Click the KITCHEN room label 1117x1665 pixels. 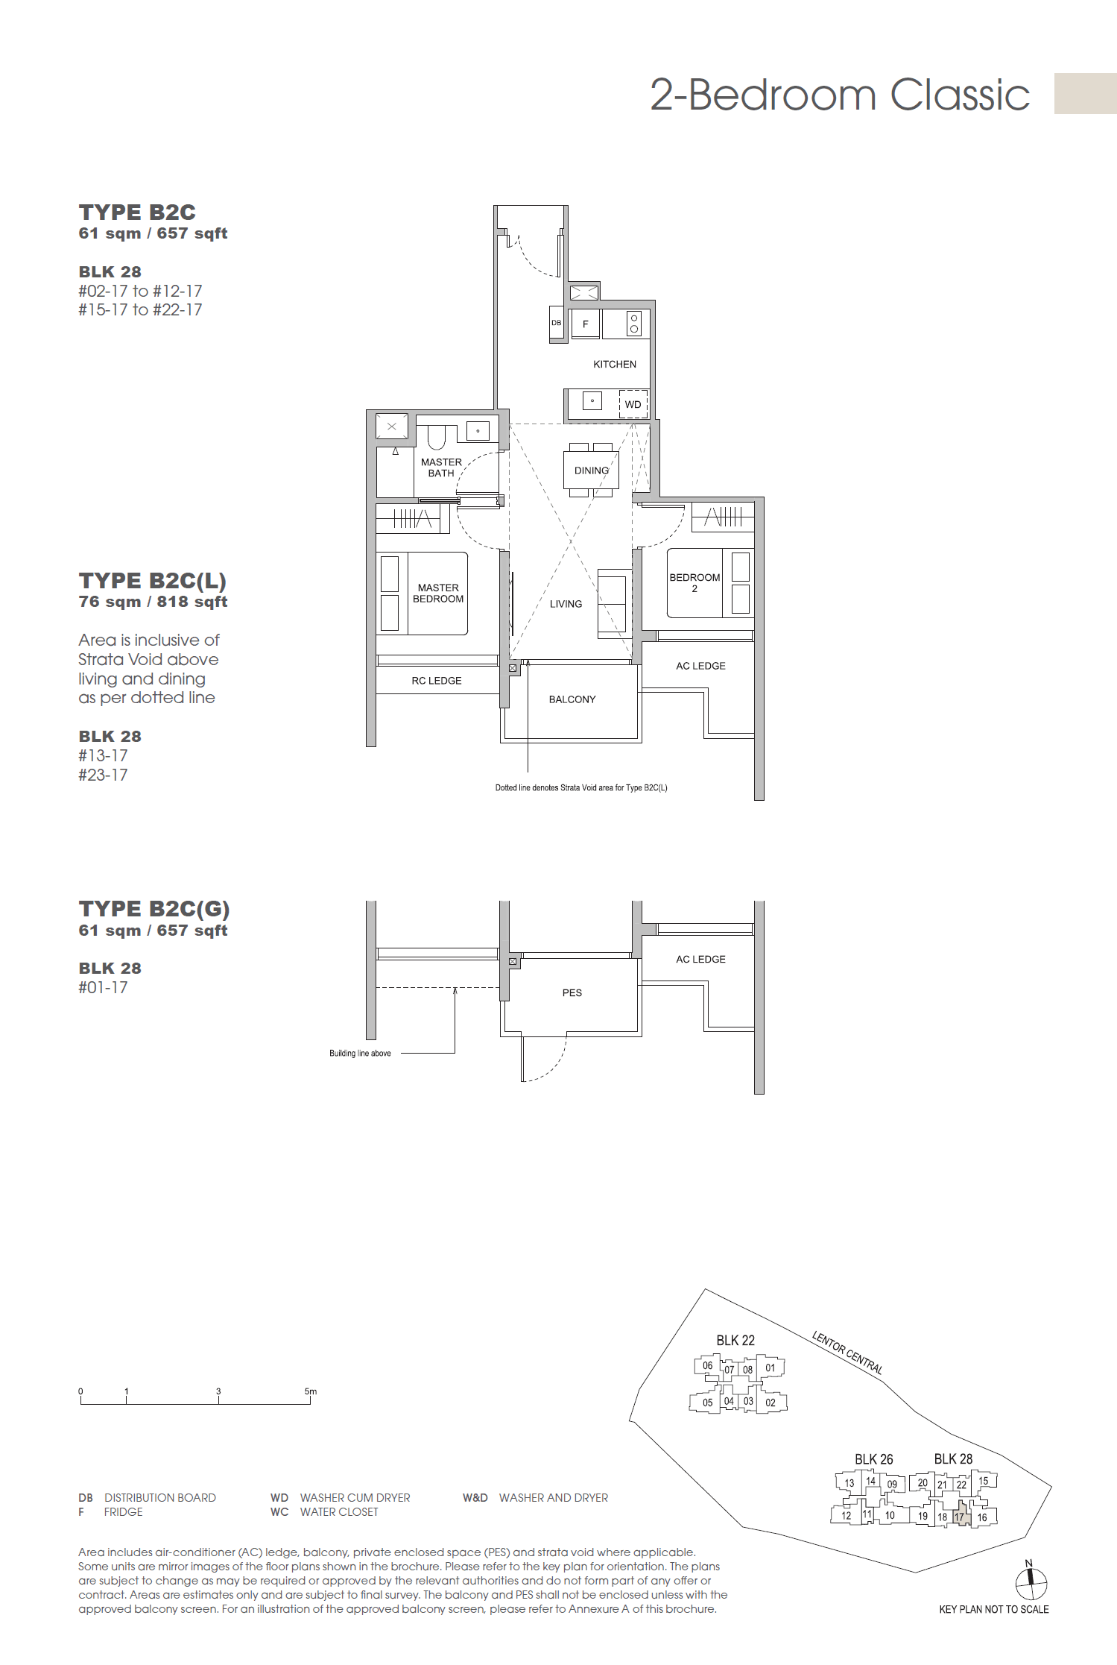coord(614,364)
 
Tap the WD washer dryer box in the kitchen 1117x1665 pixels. coord(633,404)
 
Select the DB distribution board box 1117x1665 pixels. coord(556,323)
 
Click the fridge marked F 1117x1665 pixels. coord(586,324)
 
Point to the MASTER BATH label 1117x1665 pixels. coord(441,468)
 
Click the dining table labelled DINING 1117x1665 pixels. coord(592,470)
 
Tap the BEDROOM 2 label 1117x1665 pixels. coord(694,582)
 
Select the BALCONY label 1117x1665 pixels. coord(572,699)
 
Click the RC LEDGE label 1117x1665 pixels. coord(437,681)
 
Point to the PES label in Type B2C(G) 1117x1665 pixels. coord(572,992)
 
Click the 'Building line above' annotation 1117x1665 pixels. coord(360,1054)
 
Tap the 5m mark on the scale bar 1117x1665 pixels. coord(310,1391)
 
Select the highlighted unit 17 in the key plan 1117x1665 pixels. coord(959,1517)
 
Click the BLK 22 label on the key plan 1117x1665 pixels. coord(735,1340)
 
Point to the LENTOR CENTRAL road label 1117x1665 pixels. coord(847,1352)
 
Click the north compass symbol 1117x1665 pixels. coord(1031,1581)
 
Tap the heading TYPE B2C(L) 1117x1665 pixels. coord(153,581)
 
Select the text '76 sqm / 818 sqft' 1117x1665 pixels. coord(153,602)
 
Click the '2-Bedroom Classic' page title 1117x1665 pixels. coord(840,95)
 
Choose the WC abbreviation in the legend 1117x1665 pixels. coord(279,1511)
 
